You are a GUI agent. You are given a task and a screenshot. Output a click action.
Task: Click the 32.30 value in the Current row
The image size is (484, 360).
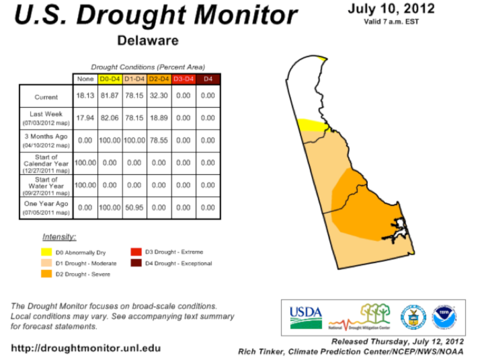(159, 96)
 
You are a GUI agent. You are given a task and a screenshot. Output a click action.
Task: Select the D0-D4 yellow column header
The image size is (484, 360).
(110, 79)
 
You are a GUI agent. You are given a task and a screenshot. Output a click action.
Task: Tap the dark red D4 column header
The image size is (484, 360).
(208, 79)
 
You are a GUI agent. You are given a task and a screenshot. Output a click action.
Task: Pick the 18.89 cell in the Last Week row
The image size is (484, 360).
(159, 118)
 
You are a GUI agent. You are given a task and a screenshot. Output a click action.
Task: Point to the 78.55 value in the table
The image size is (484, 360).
(159, 140)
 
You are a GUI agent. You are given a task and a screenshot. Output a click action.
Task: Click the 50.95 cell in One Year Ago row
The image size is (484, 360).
(134, 208)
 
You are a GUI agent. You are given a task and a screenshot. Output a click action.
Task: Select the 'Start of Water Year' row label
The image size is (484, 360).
(46, 186)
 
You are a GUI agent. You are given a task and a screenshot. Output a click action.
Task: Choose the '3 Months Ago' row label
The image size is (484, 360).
(46, 140)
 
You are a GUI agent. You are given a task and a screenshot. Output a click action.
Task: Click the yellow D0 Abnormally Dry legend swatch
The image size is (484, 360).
(46, 252)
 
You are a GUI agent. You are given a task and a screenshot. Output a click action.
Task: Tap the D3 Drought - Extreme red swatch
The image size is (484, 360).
(136, 252)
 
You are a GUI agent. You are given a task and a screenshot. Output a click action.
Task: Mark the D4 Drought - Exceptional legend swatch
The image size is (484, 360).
(136, 263)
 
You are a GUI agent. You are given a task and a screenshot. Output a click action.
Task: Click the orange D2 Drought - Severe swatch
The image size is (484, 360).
(46, 274)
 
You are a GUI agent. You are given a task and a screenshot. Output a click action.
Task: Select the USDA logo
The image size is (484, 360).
(306, 318)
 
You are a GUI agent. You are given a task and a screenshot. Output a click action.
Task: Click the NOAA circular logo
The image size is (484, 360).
(444, 318)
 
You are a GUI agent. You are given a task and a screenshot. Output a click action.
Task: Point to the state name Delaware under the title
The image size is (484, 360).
(148, 40)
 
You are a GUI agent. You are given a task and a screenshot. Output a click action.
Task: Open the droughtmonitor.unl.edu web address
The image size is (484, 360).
(86, 349)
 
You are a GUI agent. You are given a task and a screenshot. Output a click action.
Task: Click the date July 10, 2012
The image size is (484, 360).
(391, 9)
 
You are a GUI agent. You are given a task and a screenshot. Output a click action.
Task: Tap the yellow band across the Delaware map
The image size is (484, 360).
(312, 125)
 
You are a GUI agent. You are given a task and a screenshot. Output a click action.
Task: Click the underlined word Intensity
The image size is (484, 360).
(59, 237)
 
